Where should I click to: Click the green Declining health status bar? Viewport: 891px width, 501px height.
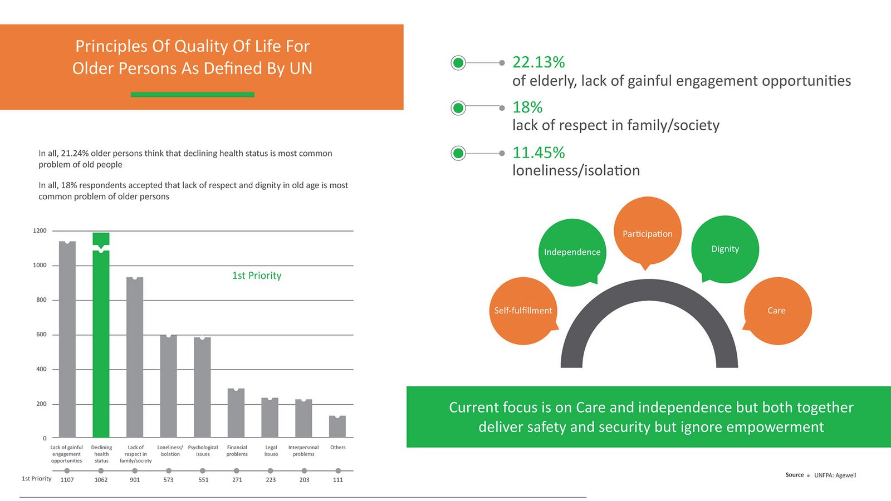point(101,340)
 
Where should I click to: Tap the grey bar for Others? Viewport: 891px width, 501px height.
point(337,426)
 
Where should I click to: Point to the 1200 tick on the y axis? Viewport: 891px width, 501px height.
point(40,230)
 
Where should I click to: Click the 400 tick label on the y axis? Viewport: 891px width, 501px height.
point(41,369)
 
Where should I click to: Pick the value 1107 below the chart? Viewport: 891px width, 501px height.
point(67,480)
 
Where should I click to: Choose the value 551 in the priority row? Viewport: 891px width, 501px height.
point(203,480)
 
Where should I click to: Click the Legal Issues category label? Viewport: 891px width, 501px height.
point(271,450)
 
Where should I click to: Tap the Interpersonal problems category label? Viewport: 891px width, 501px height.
point(303,450)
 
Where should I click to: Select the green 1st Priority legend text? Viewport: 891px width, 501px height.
point(257,276)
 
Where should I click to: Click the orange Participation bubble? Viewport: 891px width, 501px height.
point(648,231)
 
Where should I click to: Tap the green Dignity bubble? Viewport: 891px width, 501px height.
point(725,249)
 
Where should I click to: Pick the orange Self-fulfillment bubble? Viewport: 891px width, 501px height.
point(523,311)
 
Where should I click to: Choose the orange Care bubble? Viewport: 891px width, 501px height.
point(777,311)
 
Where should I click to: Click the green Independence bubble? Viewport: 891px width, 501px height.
point(572,252)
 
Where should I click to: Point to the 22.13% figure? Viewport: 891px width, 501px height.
point(538,62)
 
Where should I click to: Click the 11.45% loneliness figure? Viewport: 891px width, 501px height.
point(538,153)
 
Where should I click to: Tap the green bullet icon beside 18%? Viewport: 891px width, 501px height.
point(458,107)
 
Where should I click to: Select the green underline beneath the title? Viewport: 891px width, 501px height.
point(193,95)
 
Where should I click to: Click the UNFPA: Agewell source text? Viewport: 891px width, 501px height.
point(835,475)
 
